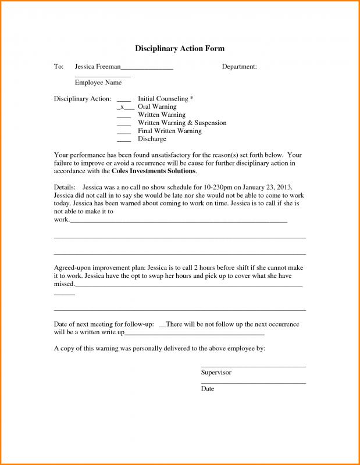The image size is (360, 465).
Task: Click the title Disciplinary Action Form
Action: point(180,48)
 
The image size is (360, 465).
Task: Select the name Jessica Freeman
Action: point(98,67)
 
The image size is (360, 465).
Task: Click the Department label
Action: point(239,67)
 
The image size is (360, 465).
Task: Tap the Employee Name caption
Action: point(98,83)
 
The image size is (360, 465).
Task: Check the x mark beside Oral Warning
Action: point(122,107)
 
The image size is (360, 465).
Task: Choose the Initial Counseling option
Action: point(165,99)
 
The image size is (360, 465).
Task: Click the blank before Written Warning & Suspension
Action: point(124,123)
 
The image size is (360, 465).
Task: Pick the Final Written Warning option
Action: point(169,131)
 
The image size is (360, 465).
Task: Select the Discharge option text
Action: point(152,139)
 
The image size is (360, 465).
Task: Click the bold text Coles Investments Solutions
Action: point(154,171)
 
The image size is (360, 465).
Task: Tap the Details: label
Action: point(65,188)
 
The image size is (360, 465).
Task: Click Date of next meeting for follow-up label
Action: point(104,324)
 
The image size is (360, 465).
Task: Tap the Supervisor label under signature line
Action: point(216,372)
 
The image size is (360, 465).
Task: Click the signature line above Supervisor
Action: point(253,366)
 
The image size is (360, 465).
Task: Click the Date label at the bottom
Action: point(208,388)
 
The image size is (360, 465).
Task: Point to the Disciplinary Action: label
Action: point(82,99)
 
